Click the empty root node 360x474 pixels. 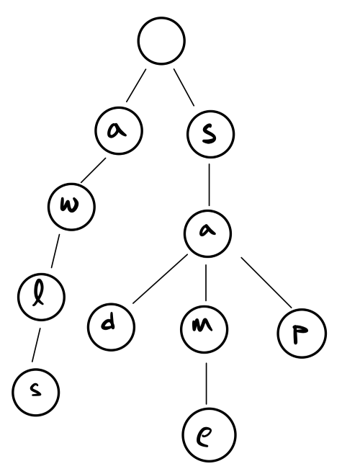coord(161,41)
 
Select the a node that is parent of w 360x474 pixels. coord(119,131)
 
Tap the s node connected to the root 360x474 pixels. coord(211,134)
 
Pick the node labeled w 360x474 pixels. coord(71,207)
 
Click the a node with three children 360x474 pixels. coord(207,234)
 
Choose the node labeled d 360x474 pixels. coord(111,327)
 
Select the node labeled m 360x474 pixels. coord(204,329)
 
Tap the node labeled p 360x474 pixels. coord(302,333)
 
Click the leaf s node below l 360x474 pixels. coord(36,393)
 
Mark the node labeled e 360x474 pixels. coord(210,434)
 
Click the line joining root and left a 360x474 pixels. coord(136,86)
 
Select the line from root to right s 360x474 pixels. coord(184,88)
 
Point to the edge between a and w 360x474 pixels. coord(93,170)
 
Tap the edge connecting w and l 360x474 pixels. coord(55,251)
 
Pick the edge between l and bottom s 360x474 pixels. coord(36,344)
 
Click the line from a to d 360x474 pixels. coord(160,279)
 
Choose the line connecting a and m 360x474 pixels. coord(206,282)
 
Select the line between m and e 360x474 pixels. coord(207,383)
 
